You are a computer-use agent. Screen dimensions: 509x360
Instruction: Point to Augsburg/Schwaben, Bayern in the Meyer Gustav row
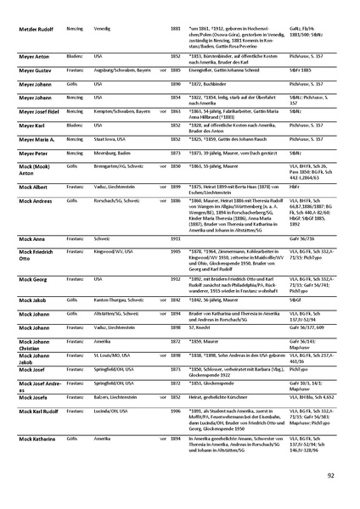point(119,73)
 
